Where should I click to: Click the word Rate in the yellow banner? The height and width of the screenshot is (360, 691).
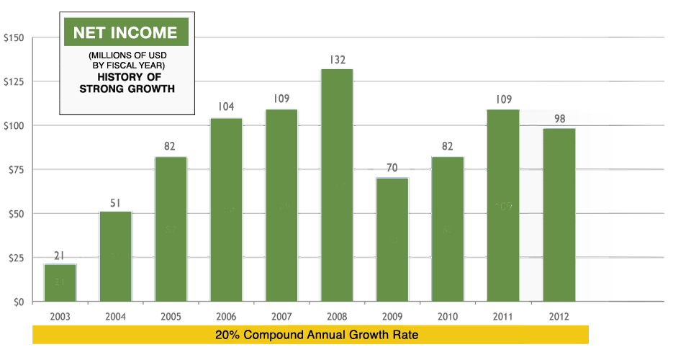tap(405, 335)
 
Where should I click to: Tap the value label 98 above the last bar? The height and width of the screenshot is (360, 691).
tap(559, 119)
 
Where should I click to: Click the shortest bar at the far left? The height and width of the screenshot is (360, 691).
tap(60, 282)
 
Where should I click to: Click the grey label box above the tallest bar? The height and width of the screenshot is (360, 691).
tap(338, 59)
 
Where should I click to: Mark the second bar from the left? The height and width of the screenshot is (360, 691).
tap(115, 256)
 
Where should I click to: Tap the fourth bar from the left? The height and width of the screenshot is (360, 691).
tap(226, 209)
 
